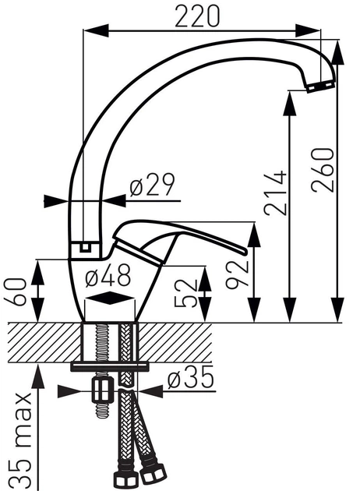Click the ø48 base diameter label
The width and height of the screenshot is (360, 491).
tap(107, 274)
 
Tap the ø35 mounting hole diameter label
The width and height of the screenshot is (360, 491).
tap(190, 379)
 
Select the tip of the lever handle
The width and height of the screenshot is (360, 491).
tap(247, 252)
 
